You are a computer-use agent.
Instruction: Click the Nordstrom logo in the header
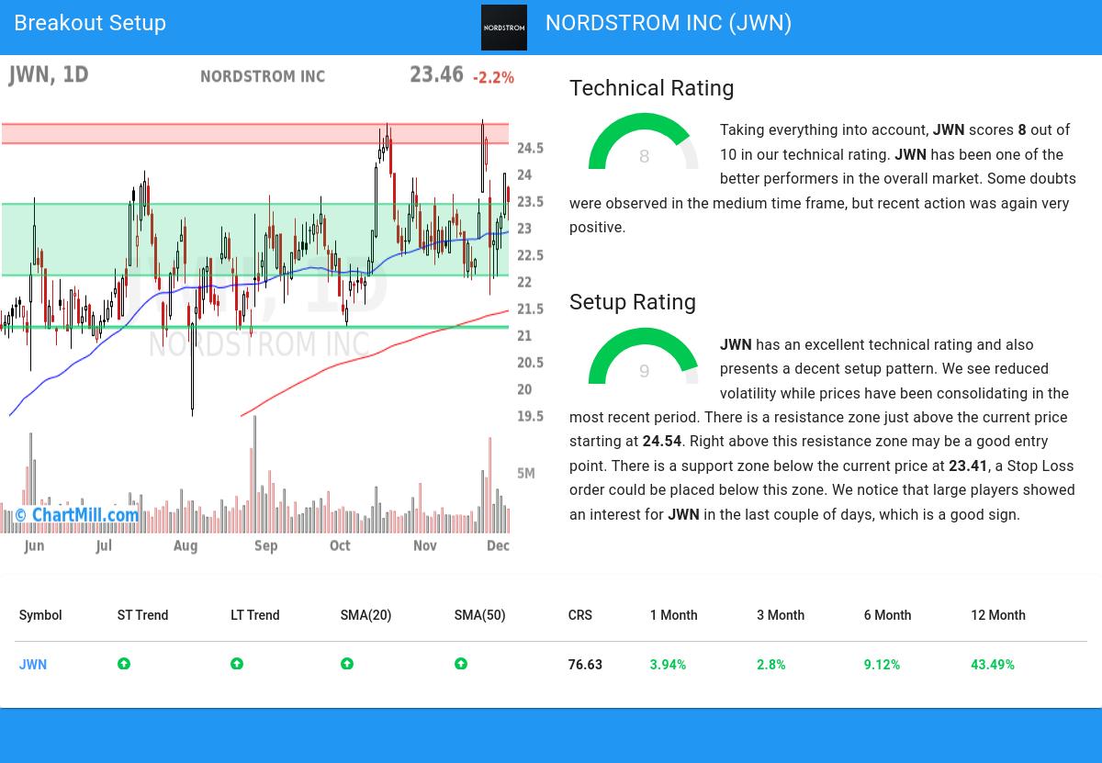pos(504,28)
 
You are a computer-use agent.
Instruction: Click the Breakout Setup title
pos(90,23)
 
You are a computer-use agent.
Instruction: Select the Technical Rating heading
pos(651,88)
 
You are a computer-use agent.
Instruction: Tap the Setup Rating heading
pos(632,302)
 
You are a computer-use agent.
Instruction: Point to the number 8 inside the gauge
pos(644,157)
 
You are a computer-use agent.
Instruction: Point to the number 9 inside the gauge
pos(644,372)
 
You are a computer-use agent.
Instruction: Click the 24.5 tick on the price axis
pos(530,149)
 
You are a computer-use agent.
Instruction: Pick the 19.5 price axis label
pos(530,416)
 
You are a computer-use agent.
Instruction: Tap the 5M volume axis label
pos(525,474)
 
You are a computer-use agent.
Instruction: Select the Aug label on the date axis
pos(185,546)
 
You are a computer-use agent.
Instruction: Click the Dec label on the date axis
pos(498,545)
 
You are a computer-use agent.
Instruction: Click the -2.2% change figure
pos(493,78)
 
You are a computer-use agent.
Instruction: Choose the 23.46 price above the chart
pos(436,74)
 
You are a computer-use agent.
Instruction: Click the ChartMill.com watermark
pos(77,515)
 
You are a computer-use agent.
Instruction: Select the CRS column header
pos(579,615)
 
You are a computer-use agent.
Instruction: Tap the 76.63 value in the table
pos(585,665)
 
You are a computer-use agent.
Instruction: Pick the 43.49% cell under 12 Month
pos(992,665)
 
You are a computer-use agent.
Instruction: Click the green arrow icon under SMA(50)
pos(461,664)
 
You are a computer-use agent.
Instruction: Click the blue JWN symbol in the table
pos(33,665)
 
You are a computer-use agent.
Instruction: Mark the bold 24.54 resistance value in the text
pos(661,442)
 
